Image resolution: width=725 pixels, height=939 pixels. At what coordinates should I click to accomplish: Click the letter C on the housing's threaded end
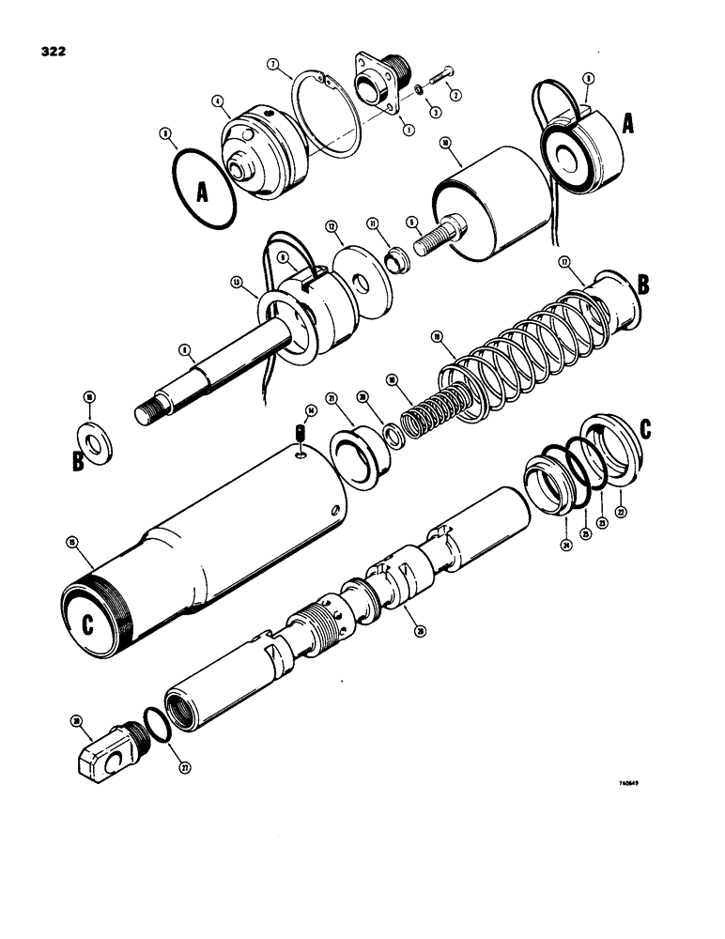86,625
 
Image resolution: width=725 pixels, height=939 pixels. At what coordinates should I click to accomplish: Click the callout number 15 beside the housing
71,542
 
